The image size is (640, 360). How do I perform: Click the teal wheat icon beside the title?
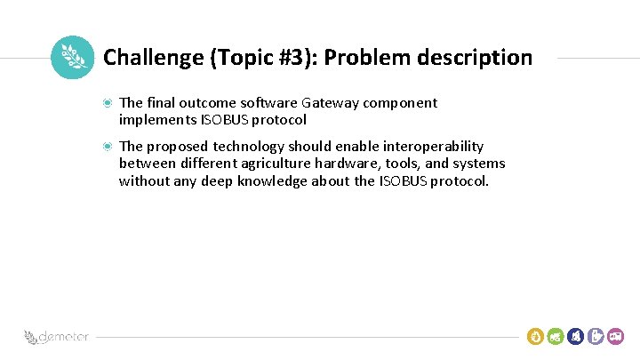(72, 58)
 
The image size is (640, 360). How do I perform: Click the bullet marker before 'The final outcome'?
(107, 103)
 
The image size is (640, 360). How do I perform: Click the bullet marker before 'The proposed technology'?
(107, 146)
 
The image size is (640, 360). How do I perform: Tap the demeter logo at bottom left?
(53, 338)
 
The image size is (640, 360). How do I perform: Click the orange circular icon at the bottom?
(535, 336)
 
